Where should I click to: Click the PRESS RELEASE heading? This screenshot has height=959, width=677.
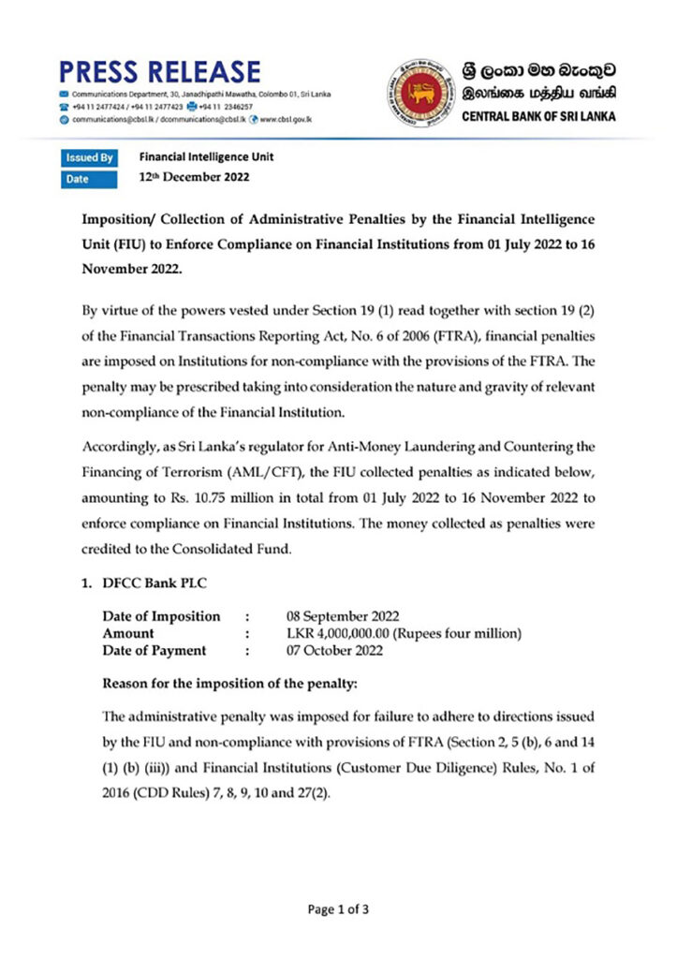tap(159, 72)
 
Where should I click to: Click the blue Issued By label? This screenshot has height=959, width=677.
tap(90, 158)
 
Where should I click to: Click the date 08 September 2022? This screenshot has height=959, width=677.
tap(342, 616)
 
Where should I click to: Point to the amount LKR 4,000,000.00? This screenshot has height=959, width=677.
tap(341, 634)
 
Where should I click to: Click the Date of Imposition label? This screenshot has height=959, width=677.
tap(161, 616)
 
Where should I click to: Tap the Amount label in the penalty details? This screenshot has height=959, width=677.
tap(128, 634)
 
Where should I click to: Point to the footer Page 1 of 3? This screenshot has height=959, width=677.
tap(338, 908)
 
